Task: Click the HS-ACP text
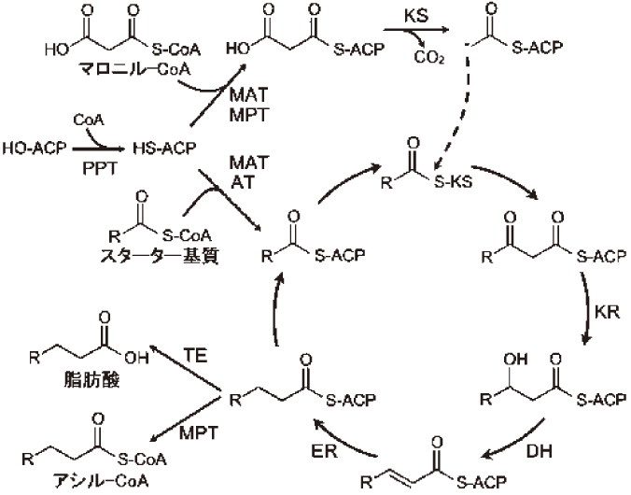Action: pyautogui.click(x=162, y=148)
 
